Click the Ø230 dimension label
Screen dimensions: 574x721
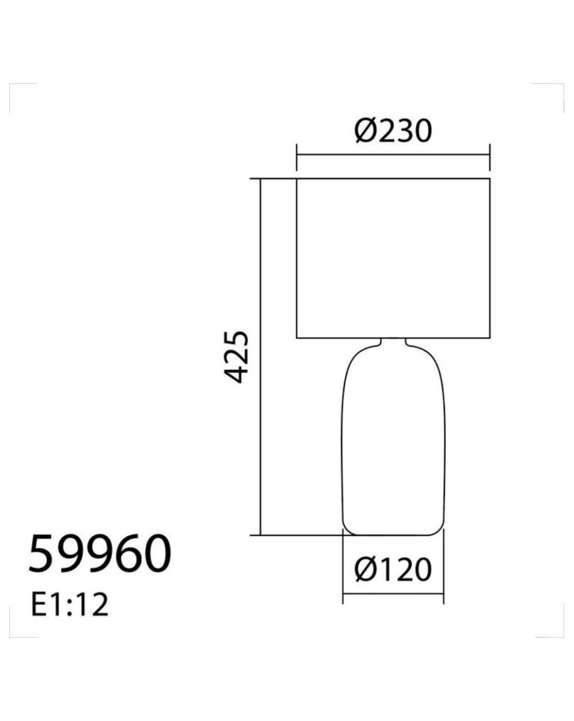[393, 131]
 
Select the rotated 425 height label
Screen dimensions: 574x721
[237, 357]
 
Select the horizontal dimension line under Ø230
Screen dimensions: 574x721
[393, 155]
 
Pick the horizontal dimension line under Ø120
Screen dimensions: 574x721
[393, 594]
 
